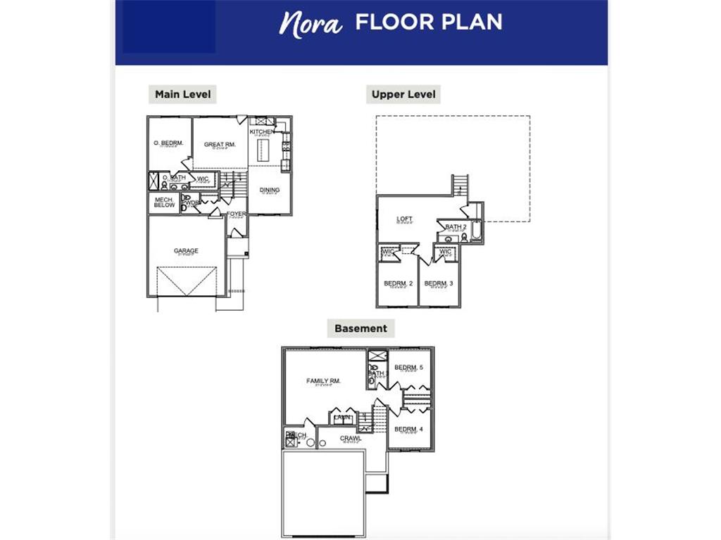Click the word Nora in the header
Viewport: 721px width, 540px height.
coord(311,22)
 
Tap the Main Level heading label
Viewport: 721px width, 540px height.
coord(182,94)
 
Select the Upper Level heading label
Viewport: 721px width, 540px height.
coord(403,94)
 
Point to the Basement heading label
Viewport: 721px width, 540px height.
coord(360,328)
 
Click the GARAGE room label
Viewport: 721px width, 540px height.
coord(187,251)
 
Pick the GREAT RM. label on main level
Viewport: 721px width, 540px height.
coord(220,145)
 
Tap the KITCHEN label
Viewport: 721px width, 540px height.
coord(261,132)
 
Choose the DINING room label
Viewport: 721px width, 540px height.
coord(270,190)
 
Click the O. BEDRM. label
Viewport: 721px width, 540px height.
coord(168,143)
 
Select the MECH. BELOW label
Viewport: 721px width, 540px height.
coord(164,202)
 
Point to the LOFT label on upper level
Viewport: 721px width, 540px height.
coord(404,219)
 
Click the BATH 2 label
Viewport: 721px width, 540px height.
coord(456,227)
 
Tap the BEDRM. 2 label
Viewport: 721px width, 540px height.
coord(398,283)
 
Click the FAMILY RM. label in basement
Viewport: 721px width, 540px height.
coord(323,381)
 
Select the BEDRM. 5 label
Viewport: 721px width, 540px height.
coord(408,368)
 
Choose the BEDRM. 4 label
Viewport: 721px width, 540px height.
coord(408,430)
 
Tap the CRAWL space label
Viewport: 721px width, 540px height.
coord(351,439)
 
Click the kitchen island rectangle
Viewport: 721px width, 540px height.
coord(264,150)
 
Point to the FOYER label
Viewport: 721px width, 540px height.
coord(236,214)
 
